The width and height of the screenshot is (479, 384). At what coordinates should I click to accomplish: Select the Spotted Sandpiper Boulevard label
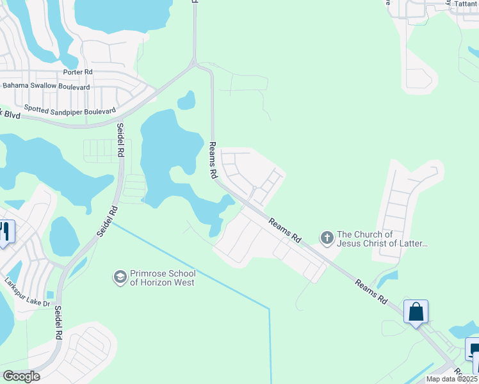pos(69,110)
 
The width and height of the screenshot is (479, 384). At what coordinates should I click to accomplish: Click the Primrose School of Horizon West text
pos(162,277)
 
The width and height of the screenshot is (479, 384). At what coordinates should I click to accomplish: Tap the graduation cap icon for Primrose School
pos(119,277)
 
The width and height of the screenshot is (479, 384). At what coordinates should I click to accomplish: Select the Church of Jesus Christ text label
pos(382,239)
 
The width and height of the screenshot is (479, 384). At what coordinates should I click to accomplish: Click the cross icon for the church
pos(327,239)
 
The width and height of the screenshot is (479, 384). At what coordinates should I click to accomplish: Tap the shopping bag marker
pos(416,312)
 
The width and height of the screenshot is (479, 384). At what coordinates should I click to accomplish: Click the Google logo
pos(20,376)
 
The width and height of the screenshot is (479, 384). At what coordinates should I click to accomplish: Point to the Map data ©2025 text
pos(451,379)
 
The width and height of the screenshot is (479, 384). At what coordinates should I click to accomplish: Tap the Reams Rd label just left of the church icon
pos(285,230)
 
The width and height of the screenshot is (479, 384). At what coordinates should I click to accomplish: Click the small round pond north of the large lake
pos(186,100)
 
